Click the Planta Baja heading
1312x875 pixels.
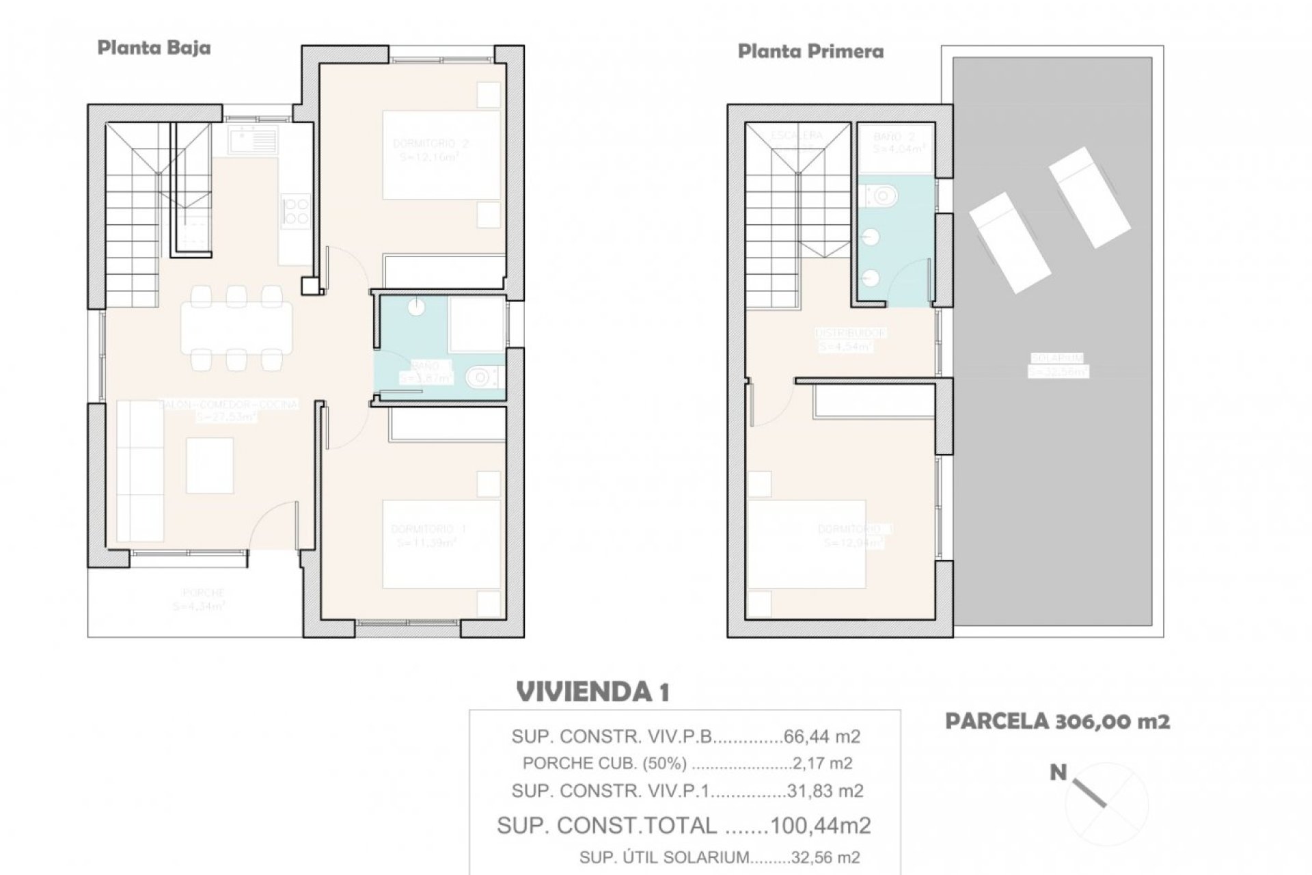click(x=154, y=48)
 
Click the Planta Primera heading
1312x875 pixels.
click(x=810, y=51)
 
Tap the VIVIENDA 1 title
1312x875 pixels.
click(x=593, y=692)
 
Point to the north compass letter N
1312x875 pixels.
click(x=1058, y=773)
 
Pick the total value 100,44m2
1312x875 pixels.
click(x=820, y=825)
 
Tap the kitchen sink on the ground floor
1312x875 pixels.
click(x=254, y=140)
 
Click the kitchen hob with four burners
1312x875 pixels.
click(x=296, y=209)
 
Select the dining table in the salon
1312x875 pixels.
click(x=236, y=327)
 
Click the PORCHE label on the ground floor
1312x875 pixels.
click(x=203, y=593)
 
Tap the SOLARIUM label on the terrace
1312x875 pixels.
click(x=1058, y=358)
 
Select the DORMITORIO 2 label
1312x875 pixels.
click(x=430, y=144)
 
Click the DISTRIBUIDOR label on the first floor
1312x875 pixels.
click(x=851, y=333)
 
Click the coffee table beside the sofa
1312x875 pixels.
click(x=210, y=465)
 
